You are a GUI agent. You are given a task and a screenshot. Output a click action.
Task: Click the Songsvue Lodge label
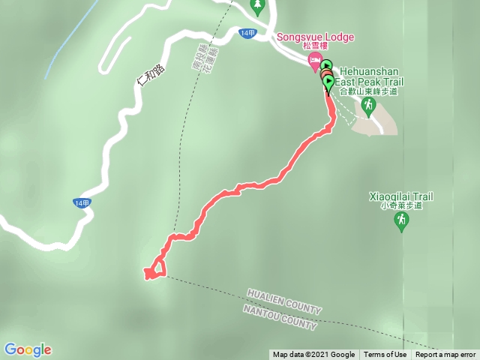(x=315, y=37)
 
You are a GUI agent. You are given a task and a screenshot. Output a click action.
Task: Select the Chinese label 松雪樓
(x=316, y=47)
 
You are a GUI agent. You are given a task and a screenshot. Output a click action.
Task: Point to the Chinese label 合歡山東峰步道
(x=367, y=91)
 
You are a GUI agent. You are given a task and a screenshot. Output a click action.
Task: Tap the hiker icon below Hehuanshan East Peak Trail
(x=367, y=106)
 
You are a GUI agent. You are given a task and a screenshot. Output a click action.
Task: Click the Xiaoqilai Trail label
(x=401, y=196)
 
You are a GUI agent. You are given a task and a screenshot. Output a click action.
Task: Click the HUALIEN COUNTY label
(x=284, y=301)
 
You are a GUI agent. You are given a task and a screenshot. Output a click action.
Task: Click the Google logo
(x=28, y=349)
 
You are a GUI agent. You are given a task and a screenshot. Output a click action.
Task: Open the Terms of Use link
(x=385, y=355)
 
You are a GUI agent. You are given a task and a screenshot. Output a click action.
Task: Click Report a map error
(x=445, y=355)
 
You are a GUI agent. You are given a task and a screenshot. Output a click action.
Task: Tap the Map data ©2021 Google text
(x=313, y=355)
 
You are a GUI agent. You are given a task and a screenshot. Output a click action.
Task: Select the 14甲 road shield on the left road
(x=82, y=203)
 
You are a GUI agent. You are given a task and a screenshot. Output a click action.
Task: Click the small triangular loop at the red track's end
(x=155, y=268)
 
